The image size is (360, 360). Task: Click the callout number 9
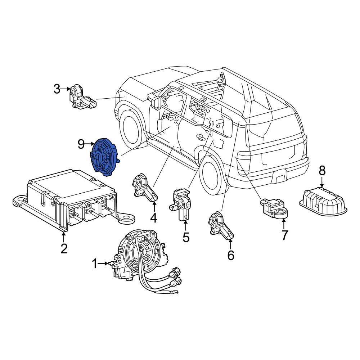click(81, 144)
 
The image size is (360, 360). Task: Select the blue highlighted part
click(104, 157)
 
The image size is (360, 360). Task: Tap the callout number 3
click(57, 89)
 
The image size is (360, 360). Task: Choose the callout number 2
click(64, 248)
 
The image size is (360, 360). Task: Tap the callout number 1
click(95, 264)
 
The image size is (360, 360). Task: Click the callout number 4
click(153, 218)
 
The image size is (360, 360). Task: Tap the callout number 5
click(186, 237)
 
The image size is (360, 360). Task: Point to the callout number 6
click(230, 255)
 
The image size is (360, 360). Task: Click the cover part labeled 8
click(323, 201)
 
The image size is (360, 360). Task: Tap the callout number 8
click(322, 171)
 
